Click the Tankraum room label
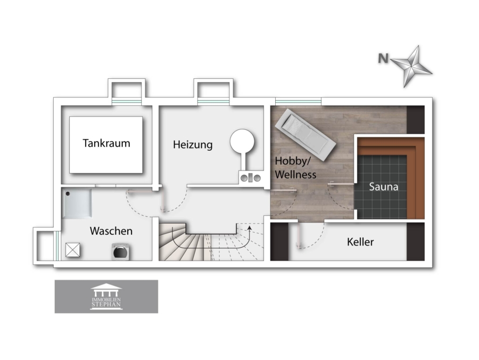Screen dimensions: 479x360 [106, 143]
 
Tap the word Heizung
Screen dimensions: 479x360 [193, 144]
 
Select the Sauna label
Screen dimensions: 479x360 [384, 186]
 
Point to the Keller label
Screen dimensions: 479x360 [360, 242]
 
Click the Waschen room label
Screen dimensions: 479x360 [111, 231]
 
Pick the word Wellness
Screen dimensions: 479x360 [295, 175]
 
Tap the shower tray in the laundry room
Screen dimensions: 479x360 [77, 203]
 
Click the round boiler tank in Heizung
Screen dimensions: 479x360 [242, 141]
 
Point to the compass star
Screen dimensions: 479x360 [411, 67]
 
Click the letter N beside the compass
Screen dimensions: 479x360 [383, 58]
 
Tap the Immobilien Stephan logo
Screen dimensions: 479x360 [106, 297]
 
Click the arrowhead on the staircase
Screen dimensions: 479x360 [250, 228]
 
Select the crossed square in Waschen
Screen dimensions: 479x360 [73, 250]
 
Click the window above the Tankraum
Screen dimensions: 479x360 [127, 102]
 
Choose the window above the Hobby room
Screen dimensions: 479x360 [298, 102]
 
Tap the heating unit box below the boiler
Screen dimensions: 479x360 [251, 177]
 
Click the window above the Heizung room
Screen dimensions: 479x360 [213, 102]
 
